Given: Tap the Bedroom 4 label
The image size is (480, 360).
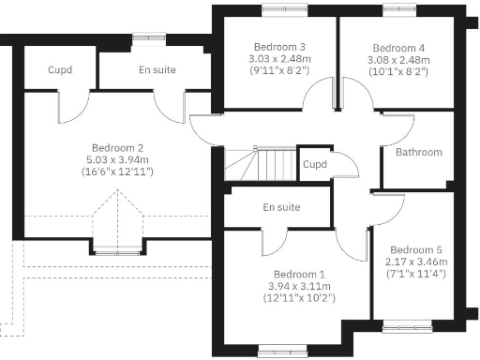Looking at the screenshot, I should (397, 47).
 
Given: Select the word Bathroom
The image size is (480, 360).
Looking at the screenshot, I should (418, 152).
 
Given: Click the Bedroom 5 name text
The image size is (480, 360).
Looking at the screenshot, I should (416, 249).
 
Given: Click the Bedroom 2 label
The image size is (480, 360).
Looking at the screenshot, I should (117, 148).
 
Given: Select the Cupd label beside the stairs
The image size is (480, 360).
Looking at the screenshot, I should (315, 165).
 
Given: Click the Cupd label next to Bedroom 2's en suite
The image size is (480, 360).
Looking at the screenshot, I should (47, 70).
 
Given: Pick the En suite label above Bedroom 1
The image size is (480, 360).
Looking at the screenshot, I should (281, 206).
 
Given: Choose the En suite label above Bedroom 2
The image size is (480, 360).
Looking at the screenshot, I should (157, 70).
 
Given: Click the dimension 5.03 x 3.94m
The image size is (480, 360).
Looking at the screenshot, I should (117, 160).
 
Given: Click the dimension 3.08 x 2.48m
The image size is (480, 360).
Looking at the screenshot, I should (398, 58).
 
